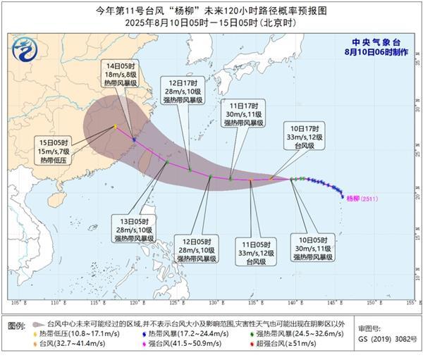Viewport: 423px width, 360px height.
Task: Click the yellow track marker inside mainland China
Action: tap(114, 127)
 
